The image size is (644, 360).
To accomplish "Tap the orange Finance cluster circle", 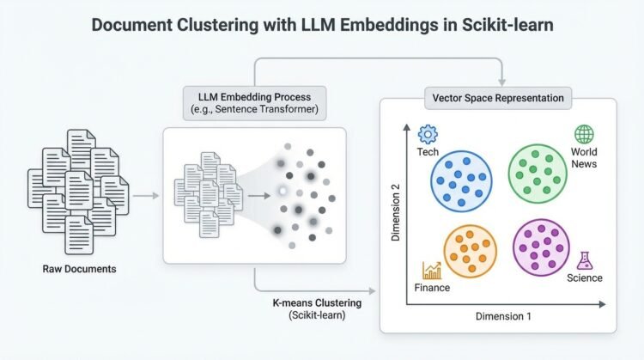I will coord(471,250).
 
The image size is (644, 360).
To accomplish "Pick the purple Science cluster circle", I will coord(542,247).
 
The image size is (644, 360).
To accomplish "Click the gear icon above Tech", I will coord(427,134).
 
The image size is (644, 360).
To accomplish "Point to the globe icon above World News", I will coord(584,134).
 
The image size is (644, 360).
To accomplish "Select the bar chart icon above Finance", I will coord(431,270).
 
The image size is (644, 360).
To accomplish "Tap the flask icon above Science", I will coord(586,259).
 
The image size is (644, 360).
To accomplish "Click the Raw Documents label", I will coord(79,269).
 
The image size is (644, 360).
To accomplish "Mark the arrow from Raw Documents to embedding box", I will coord(147,196).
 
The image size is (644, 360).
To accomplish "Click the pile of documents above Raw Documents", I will coord(79,192).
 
